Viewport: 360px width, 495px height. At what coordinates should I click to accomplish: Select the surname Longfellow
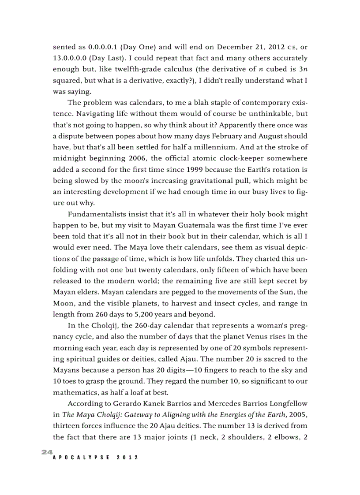(286, 404)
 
